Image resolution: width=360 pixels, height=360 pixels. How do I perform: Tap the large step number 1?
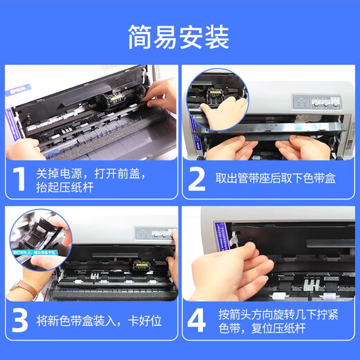point(20,178)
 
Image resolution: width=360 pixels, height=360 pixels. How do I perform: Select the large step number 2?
point(198,178)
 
